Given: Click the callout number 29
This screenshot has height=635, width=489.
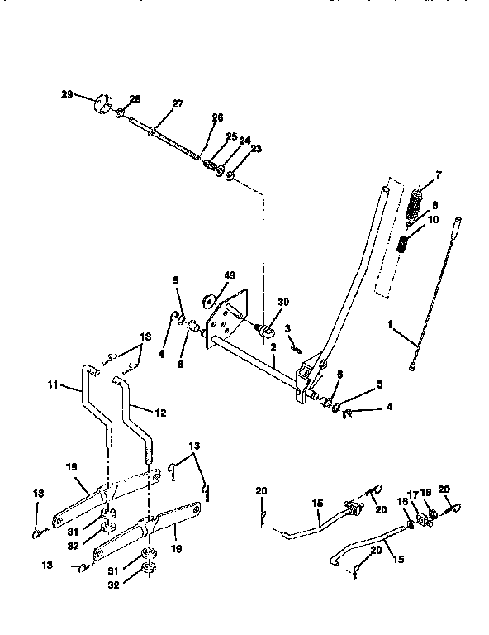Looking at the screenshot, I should [x=66, y=95].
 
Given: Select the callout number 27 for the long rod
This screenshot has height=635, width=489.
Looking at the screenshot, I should [x=178, y=103].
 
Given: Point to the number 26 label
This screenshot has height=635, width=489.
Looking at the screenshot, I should [x=217, y=117].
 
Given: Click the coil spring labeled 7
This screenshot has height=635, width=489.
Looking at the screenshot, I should [x=417, y=201].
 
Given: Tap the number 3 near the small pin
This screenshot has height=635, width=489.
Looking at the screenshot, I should [x=287, y=328].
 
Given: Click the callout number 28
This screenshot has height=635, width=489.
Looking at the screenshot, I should [x=135, y=98].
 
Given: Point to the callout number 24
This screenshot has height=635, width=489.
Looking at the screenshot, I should [x=244, y=141].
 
